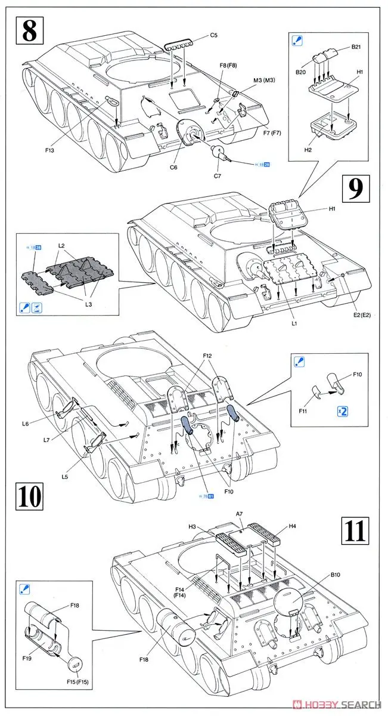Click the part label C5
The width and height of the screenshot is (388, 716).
click(214, 35)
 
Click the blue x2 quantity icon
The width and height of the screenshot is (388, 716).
click(342, 411)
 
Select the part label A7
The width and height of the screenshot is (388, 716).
click(239, 513)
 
